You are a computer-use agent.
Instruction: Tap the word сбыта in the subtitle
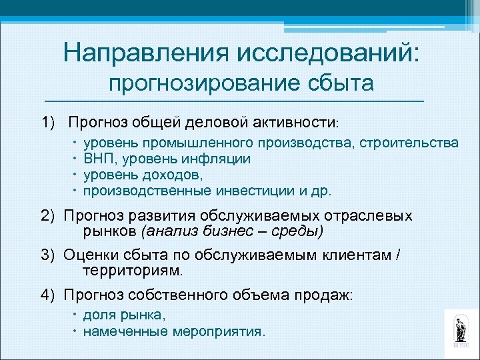[340, 85]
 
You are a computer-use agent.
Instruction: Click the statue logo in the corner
[460, 329]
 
